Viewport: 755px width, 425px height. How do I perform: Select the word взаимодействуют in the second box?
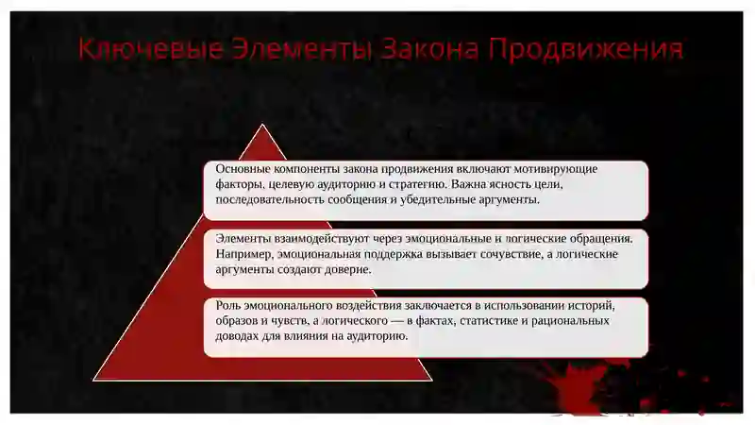click(325, 239)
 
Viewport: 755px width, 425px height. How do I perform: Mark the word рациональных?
click(572, 321)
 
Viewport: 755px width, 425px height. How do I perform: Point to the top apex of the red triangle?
click(262, 125)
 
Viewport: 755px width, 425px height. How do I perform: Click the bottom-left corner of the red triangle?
click(94, 379)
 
